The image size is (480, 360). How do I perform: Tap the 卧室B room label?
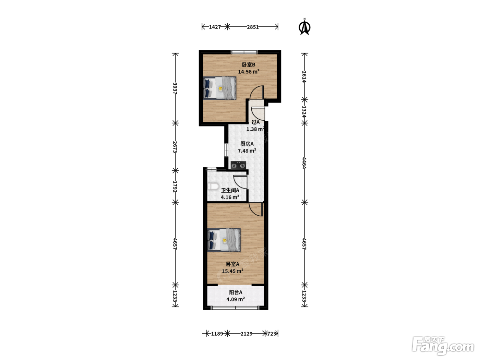pyautogui.click(x=249, y=65)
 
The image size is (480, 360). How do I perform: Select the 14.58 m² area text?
pyautogui.click(x=249, y=72)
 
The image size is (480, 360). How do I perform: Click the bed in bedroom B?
pyautogui.click(x=220, y=88)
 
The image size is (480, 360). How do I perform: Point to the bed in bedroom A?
pyautogui.click(x=224, y=240)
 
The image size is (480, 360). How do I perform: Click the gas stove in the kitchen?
pyautogui.click(x=238, y=165)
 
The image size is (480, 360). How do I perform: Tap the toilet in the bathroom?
pyautogui.click(x=213, y=187)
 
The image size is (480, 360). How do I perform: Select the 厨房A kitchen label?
pyautogui.click(x=247, y=144)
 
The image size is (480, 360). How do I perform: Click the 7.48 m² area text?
pyautogui.click(x=247, y=151)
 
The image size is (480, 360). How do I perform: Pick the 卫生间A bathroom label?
pyautogui.click(x=230, y=190)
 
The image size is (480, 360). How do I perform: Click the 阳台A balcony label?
pyautogui.click(x=236, y=292)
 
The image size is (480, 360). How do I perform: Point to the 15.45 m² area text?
pyautogui.click(x=233, y=271)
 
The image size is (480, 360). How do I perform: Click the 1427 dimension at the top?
pyautogui.click(x=215, y=27)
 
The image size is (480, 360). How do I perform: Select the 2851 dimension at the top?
pyautogui.click(x=253, y=27)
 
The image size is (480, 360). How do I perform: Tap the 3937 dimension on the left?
pyautogui.click(x=175, y=88)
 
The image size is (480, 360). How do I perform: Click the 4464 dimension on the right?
pyautogui.click(x=304, y=163)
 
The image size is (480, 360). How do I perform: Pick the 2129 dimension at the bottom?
pyautogui.click(x=247, y=334)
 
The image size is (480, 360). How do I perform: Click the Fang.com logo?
pyautogui.click(x=443, y=346)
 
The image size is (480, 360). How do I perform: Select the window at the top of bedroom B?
pyautogui.click(x=244, y=52)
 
